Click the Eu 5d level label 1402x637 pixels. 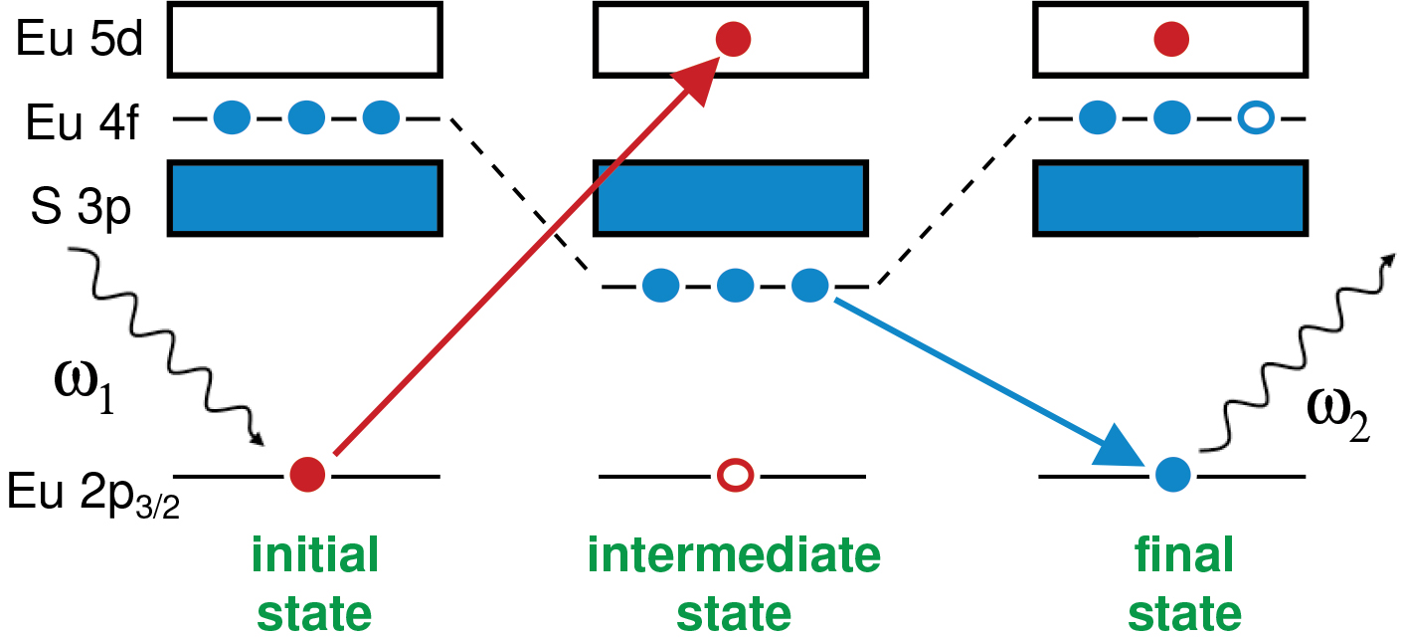pyautogui.click(x=75, y=39)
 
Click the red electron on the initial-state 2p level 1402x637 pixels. pyautogui.click(x=307, y=475)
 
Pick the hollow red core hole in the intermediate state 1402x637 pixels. pyautogui.click(x=735, y=475)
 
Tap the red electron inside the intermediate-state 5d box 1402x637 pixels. pyautogui.click(x=734, y=40)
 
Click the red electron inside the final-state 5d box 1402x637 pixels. pyautogui.click(x=1171, y=40)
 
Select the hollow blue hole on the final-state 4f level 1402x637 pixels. pyautogui.click(x=1255, y=119)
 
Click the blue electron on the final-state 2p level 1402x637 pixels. pyautogui.click(x=1172, y=475)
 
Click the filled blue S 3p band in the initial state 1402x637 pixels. pyautogui.click(x=305, y=199)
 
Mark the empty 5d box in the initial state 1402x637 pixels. pyautogui.click(x=305, y=39)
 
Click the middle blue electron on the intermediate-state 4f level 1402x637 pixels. pyautogui.click(x=735, y=287)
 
